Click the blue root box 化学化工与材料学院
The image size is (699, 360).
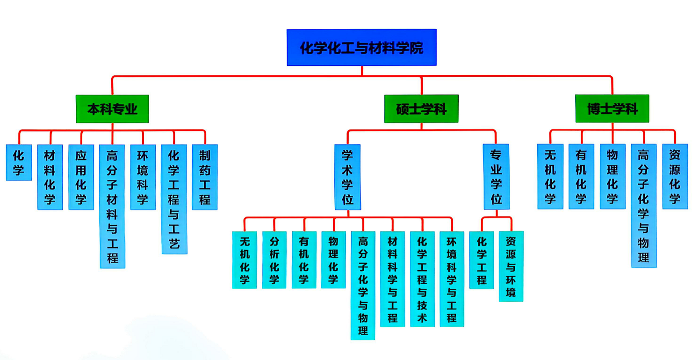point(361,47)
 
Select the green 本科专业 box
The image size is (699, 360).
point(112,109)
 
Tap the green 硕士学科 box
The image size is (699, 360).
point(421,109)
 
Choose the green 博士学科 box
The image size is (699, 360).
point(612,109)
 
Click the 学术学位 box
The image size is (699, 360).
point(347,177)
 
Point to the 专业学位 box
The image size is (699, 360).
point(496,177)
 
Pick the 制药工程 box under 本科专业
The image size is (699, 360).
point(205,177)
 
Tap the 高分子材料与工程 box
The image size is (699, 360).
point(112,206)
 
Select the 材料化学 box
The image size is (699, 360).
point(50,177)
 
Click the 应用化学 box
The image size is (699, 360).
point(81,177)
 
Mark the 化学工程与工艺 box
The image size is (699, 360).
point(174,199)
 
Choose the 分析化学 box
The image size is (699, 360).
point(274,260)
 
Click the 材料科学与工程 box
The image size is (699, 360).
point(392,279)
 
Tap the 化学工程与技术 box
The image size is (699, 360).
point(422,279)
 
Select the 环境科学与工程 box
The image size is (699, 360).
point(452,279)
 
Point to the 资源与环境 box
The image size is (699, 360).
point(511,266)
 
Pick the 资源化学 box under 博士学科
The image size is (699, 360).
point(675,176)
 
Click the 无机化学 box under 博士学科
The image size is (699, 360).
point(550,176)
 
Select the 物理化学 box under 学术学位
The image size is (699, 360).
point(333,260)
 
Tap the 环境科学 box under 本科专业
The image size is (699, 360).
point(143,177)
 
